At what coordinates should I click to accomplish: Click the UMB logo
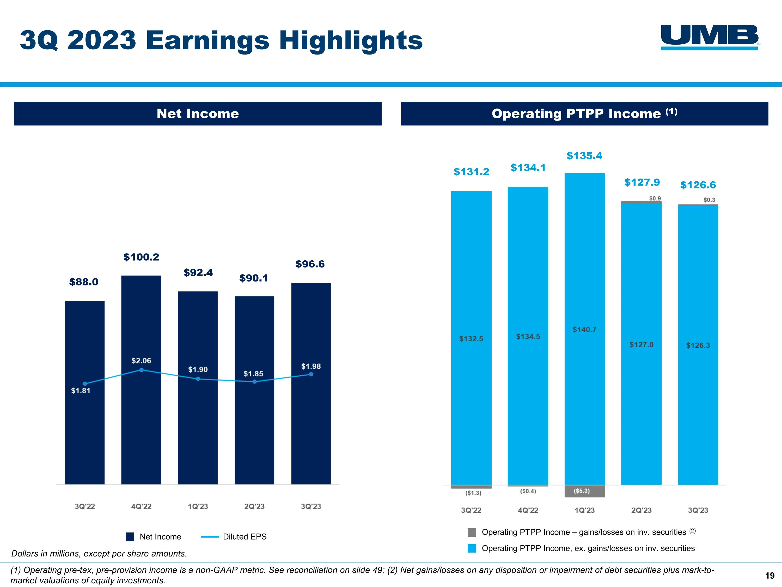710,37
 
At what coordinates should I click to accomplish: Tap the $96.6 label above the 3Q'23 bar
310,264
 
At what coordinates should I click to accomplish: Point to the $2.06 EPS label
141,361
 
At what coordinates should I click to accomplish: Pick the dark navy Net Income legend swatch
130,537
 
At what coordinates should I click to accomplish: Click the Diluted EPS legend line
210,537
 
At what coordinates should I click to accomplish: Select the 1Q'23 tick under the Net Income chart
198,506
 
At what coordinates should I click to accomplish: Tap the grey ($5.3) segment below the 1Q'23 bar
584,491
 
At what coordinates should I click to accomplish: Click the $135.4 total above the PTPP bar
584,156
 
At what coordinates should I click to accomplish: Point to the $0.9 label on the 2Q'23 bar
655,199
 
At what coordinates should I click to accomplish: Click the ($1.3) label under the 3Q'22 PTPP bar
473,493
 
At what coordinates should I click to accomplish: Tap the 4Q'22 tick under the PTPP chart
528,510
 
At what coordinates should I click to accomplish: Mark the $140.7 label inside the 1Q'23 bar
584,330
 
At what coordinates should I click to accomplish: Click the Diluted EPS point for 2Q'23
254,382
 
